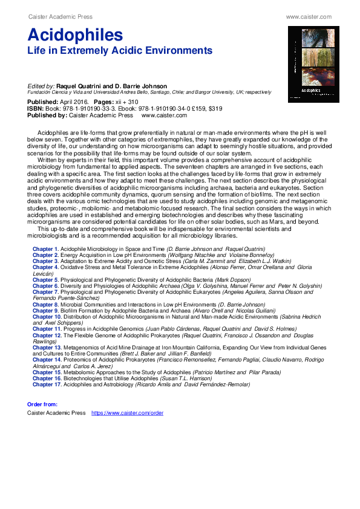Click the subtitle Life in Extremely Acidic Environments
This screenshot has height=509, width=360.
(120, 50)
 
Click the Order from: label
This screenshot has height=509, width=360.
(42, 404)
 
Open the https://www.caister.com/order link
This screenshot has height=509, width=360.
(127, 413)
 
